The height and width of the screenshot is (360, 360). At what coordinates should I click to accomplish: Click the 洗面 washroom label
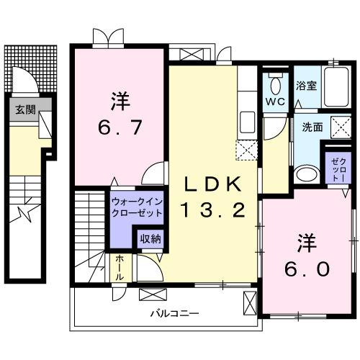pos(311,127)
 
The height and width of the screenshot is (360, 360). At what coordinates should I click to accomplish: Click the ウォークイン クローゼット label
pos(137,208)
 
